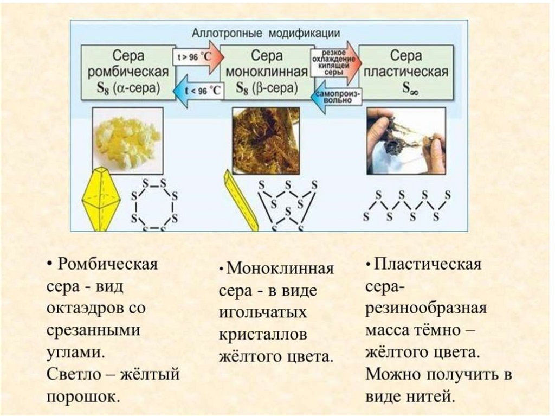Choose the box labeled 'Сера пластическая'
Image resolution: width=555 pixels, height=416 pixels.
tap(406, 72)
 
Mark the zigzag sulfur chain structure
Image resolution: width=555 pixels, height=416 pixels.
tap(406, 206)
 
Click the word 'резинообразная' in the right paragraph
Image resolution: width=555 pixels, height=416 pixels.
tap(426, 309)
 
